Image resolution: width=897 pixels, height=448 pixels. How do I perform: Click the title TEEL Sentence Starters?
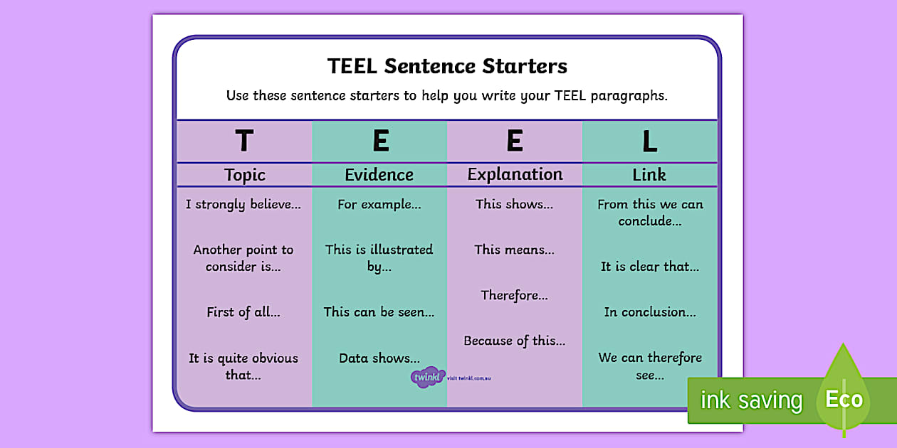coord(447,66)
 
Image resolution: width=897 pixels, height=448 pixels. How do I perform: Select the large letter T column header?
coord(244,142)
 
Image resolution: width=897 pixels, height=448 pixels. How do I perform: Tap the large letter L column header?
coord(649,142)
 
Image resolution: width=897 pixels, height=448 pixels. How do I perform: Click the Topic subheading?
coord(244,175)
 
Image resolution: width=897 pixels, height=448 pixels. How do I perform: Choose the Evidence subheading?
coord(379,175)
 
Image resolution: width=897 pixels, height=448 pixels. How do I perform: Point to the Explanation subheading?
coord(515,174)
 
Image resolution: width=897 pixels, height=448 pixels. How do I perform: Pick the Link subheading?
coord(649,175)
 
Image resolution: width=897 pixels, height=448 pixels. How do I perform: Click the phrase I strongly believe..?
coord(243,205)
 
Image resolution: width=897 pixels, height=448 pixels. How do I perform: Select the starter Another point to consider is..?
coord(243,258)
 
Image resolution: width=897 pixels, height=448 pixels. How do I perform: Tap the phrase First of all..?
coord(243,312)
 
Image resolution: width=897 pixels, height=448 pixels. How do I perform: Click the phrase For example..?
coord(379,205)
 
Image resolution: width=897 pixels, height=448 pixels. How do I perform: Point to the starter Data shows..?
coord(379,358)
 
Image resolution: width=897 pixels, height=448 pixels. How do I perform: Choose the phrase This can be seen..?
coord(379,312)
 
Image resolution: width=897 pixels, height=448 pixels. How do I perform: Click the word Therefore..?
coord(514,295)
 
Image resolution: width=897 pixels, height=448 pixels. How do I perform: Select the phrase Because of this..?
coord(514,341)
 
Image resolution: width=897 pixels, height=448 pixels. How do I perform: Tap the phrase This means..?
coord(514,250)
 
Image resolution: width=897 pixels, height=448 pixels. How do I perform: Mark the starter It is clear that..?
coord(649,267)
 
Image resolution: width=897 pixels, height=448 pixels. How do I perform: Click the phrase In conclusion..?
coord(649,312)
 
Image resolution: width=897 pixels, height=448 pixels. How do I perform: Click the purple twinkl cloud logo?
coord(428,378)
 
